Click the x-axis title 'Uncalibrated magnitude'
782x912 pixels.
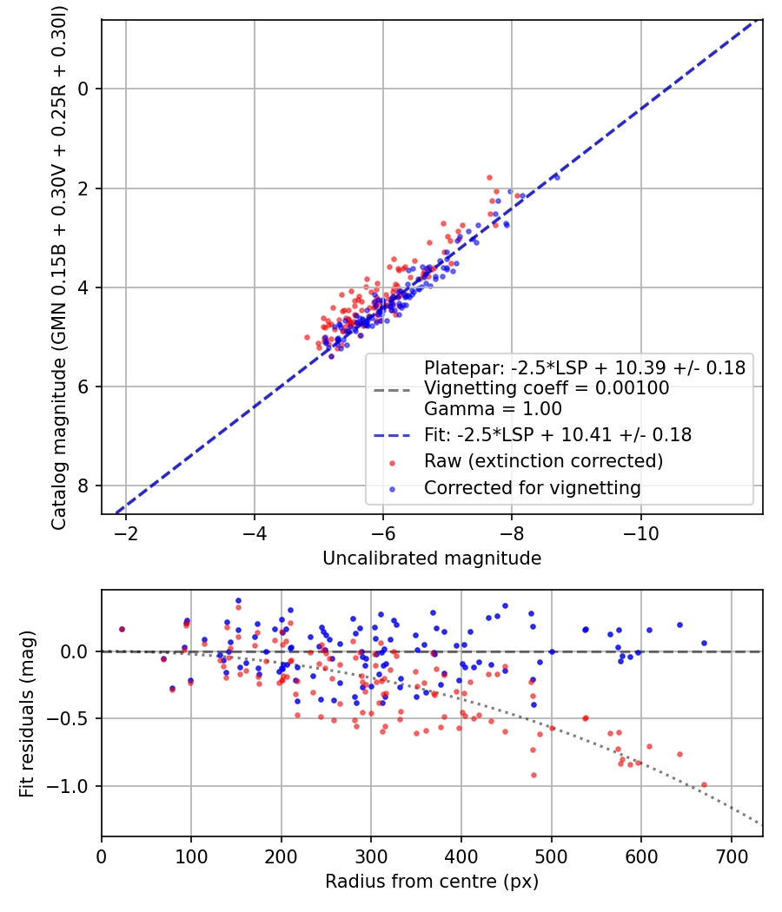(x=432, y=558)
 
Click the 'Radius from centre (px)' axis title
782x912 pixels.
(x=432, y=882)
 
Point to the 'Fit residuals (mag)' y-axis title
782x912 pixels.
(x=27, y=713)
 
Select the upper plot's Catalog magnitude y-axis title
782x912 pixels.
(x=59, y=267)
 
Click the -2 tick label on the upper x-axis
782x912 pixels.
(x=126, y=531)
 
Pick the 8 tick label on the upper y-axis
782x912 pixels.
(x=84, y=486)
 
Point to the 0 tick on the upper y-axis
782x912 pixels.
(x=84, y=89)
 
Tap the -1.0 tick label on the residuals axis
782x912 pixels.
(x=72, y=786)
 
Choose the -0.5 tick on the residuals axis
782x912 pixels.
(x=72, y=719)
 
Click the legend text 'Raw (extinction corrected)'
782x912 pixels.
(x=543, y=461)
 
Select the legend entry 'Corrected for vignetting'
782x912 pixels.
(x=532, y=488)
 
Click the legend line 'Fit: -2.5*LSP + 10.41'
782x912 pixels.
(x=557, y=435)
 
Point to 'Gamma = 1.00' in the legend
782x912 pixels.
(x=493, y=409)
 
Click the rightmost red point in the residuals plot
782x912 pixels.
(x=704, y=784)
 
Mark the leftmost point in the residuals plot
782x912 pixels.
(x=123, y=629)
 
